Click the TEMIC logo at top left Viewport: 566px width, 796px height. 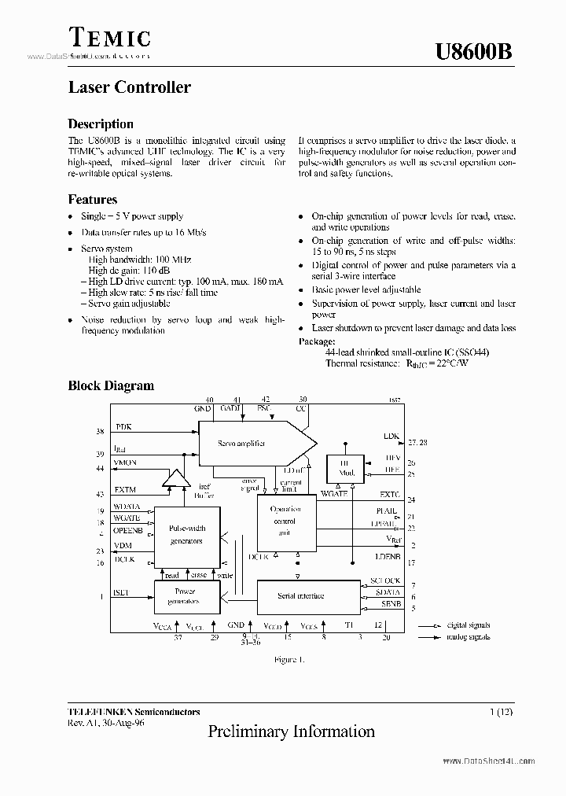108,38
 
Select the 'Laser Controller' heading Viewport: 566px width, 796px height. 129,87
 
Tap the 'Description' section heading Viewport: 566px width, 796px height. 101,124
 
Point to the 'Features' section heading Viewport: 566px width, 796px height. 93,200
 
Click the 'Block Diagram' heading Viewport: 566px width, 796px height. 111,385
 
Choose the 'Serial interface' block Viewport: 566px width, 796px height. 301,596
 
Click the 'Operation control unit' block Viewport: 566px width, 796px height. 285,521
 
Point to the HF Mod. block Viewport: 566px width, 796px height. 347,470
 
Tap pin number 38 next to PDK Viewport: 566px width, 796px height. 100,431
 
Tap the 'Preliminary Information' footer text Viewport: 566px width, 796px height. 291,732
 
